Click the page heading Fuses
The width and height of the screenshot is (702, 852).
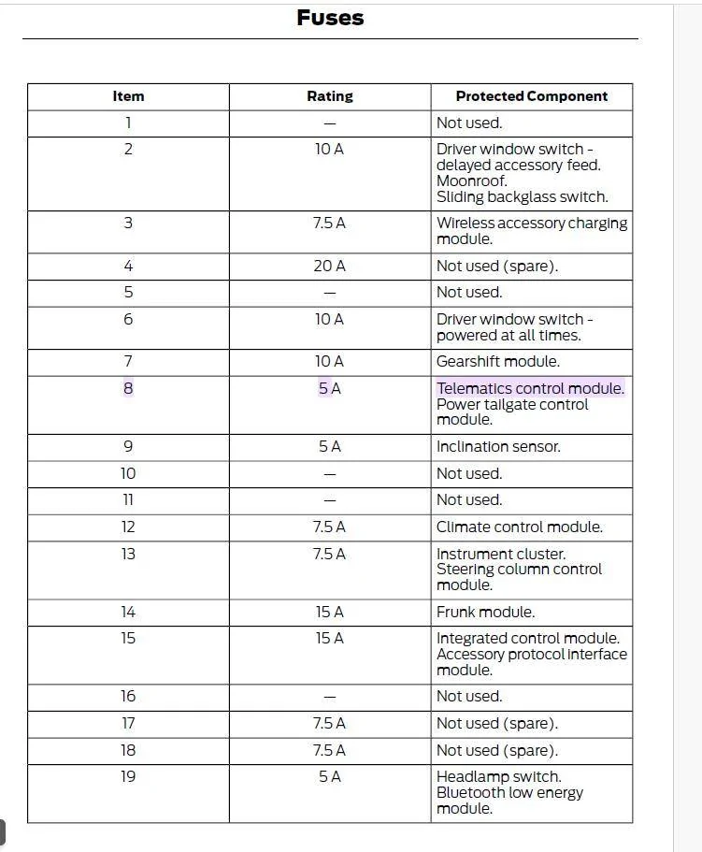(330, 18)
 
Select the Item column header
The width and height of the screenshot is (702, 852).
(128, 96)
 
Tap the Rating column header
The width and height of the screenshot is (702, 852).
(330, 96)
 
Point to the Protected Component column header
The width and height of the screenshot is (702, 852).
(531, 96)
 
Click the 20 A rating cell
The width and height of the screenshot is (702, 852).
(329, 267)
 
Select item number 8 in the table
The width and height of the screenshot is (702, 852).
(128, 388)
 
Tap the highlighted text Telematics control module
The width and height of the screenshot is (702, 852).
(530, 388)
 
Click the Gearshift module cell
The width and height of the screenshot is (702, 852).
(498, 362)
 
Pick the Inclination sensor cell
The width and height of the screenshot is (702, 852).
(498, 447)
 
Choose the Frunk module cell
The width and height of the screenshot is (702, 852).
(485, 613)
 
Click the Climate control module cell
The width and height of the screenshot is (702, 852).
(519, 527)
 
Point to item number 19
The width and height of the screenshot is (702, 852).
(128, 776)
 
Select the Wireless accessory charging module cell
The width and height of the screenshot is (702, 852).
(531, 231)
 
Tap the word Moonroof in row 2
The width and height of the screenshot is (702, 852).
(471, 181)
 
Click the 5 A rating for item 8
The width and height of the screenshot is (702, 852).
(329, 388)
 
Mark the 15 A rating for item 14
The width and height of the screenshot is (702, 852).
(329, 613)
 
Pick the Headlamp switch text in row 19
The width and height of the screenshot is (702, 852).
(498, 776)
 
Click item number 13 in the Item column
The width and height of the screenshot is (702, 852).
(128, 554)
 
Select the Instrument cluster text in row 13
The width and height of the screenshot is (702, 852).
(500, 554)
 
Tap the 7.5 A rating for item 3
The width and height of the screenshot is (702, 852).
(329, 224)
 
